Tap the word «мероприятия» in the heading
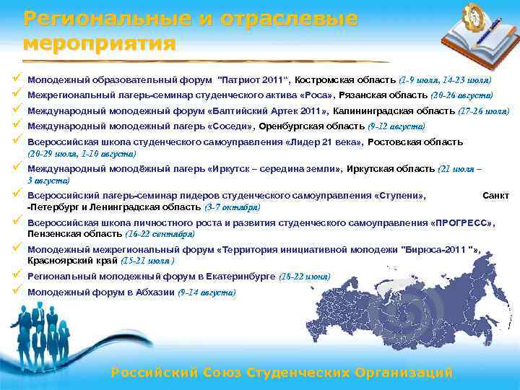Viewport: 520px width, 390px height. point(100,44)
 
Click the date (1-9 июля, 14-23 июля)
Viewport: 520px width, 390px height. point(445,79)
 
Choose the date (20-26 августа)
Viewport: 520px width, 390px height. point(461,95)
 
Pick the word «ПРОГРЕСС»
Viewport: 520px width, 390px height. point(462,223)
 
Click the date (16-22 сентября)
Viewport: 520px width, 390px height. point(160,234)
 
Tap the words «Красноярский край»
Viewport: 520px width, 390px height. point(72,261)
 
